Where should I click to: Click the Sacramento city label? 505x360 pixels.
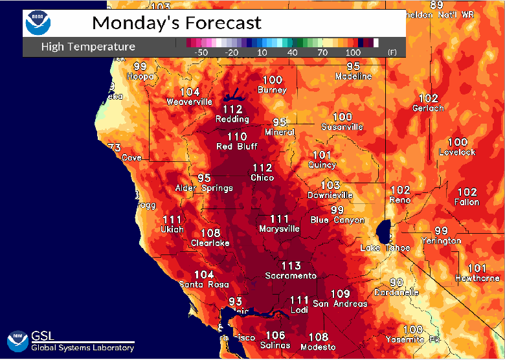291,276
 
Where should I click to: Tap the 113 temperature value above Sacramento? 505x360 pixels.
291,265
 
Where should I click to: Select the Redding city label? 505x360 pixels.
232,119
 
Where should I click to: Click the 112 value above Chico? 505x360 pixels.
262,168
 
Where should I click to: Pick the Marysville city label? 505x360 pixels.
279,229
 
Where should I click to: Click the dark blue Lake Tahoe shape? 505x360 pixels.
384,231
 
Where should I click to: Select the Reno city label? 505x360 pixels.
399,200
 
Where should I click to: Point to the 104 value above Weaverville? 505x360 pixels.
190,92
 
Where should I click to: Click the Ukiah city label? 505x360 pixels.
172,229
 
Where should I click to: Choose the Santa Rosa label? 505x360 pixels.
204,285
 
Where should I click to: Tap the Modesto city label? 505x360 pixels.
318,347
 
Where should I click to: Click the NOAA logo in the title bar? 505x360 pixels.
37,23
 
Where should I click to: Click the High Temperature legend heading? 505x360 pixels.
88,47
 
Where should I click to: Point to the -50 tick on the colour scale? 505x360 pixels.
201,52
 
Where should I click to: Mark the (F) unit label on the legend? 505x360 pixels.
392,52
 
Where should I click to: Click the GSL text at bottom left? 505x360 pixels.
43,335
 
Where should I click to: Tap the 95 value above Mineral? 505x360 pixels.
280,122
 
